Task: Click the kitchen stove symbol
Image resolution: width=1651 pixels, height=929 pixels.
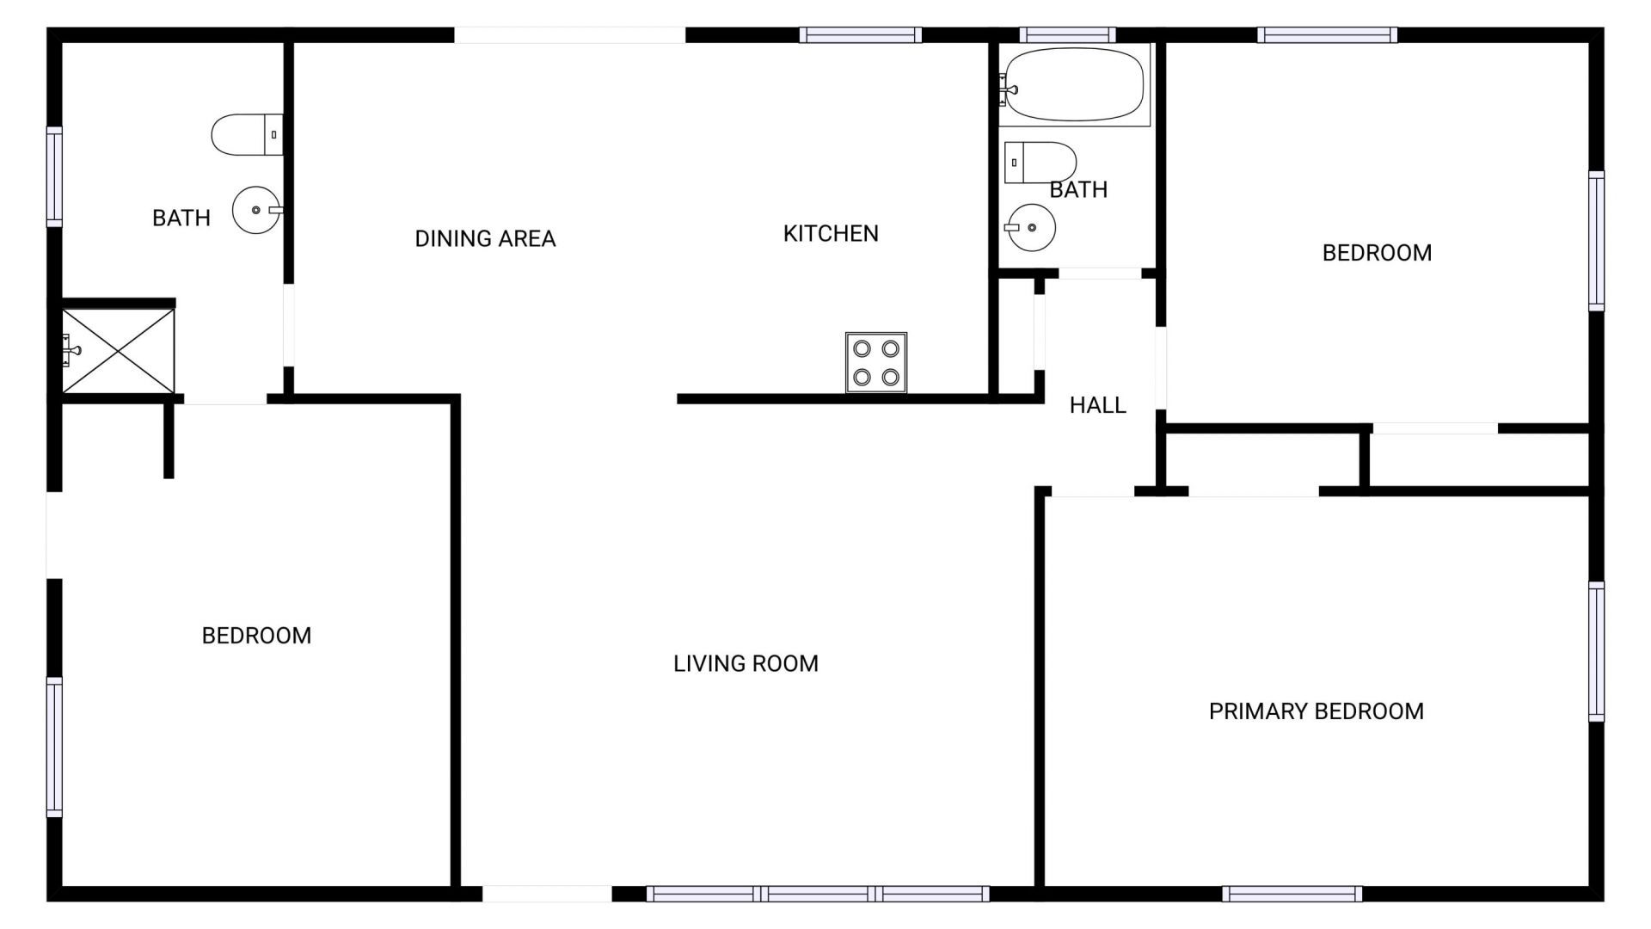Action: pos(875,362)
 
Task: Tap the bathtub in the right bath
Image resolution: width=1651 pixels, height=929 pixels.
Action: pos(1074,84)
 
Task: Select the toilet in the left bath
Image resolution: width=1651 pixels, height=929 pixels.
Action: pos(247,135)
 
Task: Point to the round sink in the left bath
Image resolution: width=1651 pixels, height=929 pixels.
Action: pos(257,210)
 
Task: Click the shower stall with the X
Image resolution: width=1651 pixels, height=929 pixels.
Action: pos(118,350)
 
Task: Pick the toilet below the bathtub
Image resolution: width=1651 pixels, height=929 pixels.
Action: pos(1040,163)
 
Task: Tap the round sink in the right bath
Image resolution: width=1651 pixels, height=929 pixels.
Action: pos(1031,228)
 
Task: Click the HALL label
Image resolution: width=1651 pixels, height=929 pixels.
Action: pos(1097,405)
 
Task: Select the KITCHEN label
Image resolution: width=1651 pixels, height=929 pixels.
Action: pos(831,234)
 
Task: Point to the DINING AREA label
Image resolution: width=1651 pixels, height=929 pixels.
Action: pos(485,239)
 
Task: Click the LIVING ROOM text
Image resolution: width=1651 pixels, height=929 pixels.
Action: pos(746,663)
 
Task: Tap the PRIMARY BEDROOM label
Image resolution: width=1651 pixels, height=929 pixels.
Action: pos(1316,711)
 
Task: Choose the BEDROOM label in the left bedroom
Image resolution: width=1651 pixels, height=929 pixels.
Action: pos(256,636)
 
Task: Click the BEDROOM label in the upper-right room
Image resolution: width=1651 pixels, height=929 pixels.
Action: pos(1377,253)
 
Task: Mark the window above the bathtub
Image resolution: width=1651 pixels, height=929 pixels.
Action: pos(1067,35)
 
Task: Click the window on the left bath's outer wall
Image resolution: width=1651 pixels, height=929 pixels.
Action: pos(54,176)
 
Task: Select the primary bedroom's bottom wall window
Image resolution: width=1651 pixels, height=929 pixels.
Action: pos(1292,894)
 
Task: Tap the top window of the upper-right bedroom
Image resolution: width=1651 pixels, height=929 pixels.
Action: pos(1327,35)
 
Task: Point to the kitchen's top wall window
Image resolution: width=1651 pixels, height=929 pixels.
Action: pos(860,35)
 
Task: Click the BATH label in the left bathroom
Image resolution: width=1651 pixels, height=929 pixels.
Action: pos(181,218)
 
